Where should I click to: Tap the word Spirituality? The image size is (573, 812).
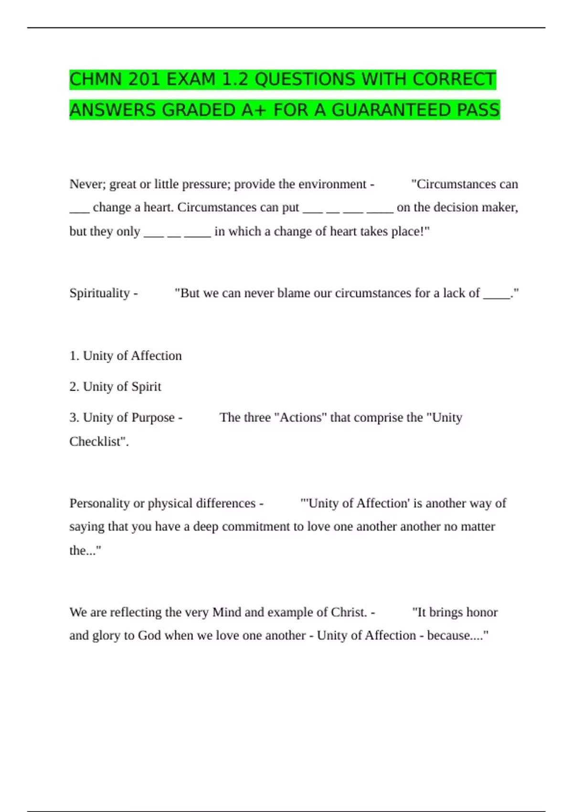[x=99, y=293]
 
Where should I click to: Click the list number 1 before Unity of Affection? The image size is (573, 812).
[x=74, y=356]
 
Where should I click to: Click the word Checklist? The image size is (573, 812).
[x=97, y=441]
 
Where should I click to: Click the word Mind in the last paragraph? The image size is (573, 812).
[x=226, y=612]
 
